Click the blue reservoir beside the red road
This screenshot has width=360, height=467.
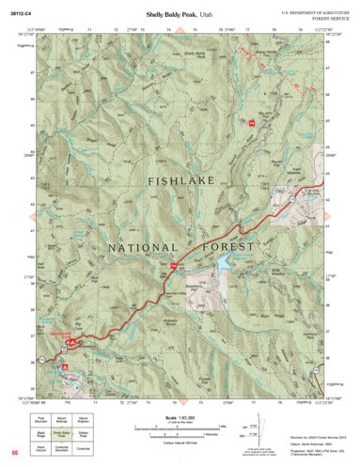(223, 270)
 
